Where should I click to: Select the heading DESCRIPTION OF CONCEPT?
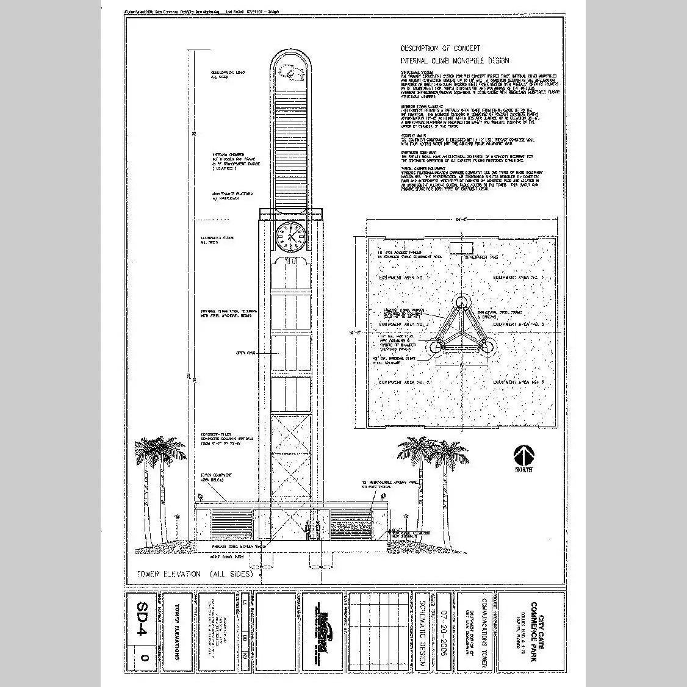[x=440, y=48]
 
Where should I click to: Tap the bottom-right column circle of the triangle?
[x=488, y=347]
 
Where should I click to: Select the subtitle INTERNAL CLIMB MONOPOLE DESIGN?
[x=454, y=61]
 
